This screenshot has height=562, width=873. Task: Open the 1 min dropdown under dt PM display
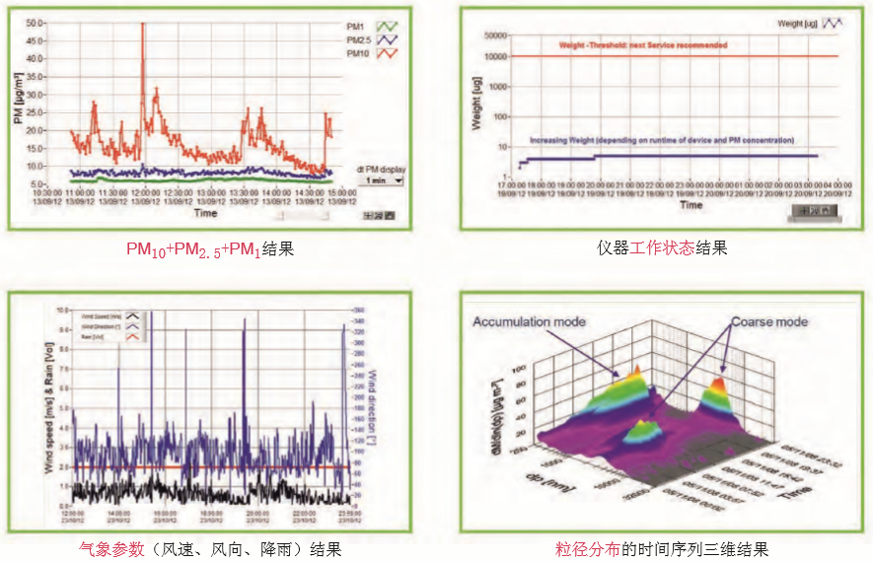[x=384, y=180]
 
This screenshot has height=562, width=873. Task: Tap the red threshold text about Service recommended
[x=642, y=45]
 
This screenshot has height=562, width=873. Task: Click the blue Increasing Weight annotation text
[x=662, y=141]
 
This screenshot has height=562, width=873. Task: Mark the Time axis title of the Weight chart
[x=691, y=205]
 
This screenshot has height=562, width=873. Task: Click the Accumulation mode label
[x=529, y=321]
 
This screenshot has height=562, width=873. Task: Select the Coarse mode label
[x=768, y=321]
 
